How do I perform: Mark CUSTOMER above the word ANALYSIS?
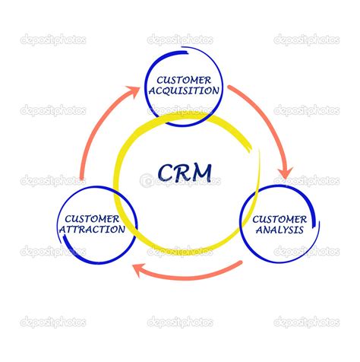point(272,218)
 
